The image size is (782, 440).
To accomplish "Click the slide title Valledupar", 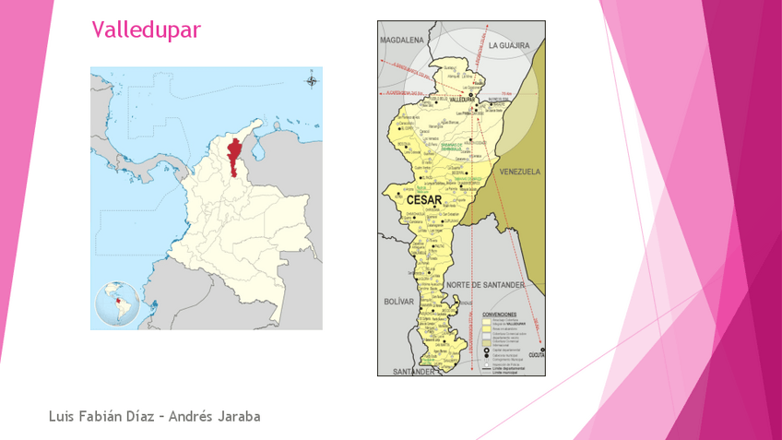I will [x=146, y=30].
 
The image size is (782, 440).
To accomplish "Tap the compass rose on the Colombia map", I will [x=311, y=81].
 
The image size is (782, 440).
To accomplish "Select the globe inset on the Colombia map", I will [x=117, y=304].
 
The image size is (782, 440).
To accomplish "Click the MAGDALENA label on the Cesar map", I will [x=401, y=41].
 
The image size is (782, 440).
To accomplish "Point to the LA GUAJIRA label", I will [x=511, y=44].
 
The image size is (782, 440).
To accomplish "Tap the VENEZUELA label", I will [x=519, y=172].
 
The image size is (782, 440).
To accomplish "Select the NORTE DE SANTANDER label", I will [x=484, y=285].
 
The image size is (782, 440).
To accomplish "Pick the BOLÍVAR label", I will [x=400, y=302].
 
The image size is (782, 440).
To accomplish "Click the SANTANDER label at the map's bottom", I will [x=412, y=371].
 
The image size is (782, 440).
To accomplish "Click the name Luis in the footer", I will [x=63, y=417].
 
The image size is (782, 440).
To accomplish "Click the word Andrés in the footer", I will [x=190, y=417].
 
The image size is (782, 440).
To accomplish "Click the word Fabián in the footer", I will [x=101, y=417].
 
